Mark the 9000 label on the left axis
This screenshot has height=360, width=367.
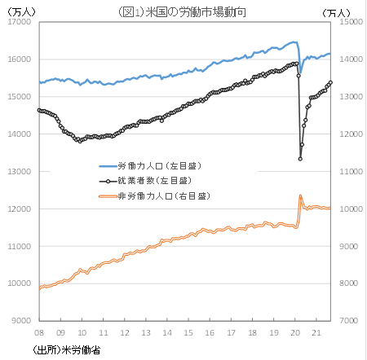click(20, 321)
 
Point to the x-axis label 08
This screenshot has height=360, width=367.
click(39, 332)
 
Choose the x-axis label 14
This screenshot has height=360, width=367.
click(166, 332)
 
